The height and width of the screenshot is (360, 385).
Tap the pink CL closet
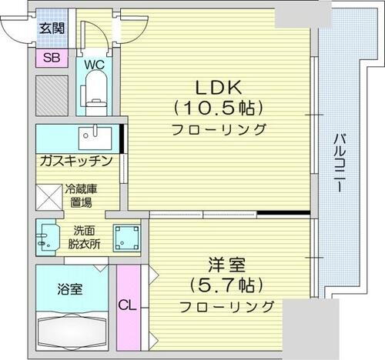pyautogui.click(x=127, y=305)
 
